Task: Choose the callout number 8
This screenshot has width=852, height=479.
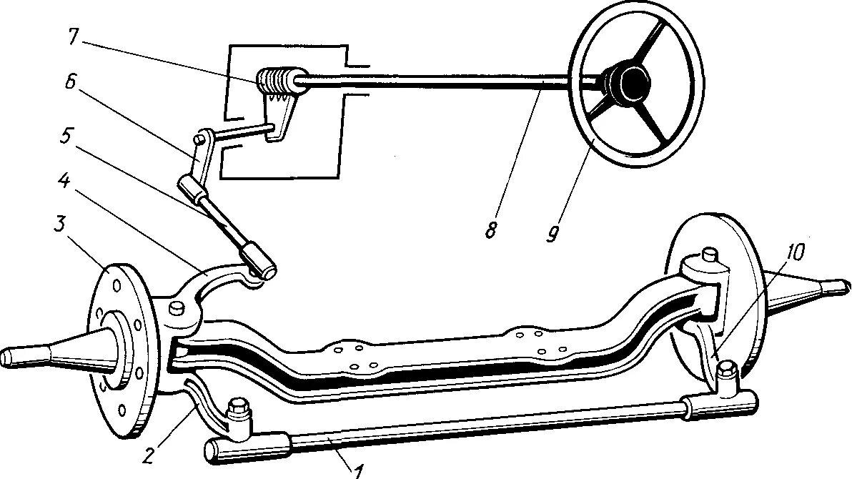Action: (492, 230)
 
